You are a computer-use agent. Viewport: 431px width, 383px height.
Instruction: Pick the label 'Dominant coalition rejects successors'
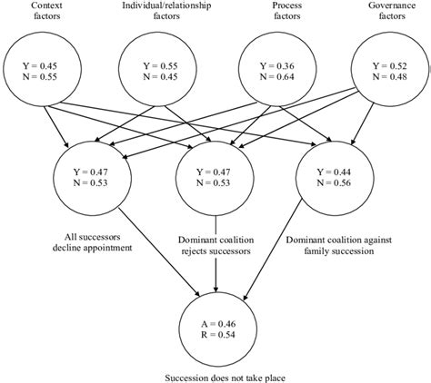pos(215,241)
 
